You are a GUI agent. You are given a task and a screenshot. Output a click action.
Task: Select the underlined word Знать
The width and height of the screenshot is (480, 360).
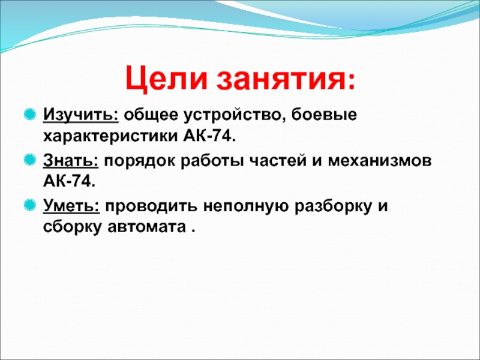click(71, 160)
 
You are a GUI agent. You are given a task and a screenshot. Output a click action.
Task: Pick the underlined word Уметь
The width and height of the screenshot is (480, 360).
click(71, 205)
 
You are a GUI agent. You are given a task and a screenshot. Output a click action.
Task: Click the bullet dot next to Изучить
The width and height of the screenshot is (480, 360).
click(29, 115)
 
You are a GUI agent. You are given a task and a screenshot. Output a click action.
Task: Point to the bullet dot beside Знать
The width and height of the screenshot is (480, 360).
click(29, 160)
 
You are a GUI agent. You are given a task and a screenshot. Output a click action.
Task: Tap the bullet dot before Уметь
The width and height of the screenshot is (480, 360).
click(29, 205)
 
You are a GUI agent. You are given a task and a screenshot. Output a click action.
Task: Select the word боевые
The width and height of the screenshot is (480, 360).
click(324, 115)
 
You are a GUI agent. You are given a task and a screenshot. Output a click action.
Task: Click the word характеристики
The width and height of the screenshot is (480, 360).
click(110, 136)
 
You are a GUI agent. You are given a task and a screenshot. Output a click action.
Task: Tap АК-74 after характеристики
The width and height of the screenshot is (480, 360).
click(209, 136)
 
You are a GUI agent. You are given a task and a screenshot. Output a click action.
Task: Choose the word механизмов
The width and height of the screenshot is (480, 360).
click(380, 161)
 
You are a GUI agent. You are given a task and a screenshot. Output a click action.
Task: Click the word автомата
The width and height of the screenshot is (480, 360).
click(146, 227)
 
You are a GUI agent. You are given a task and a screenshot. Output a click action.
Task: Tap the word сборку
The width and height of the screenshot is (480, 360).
click(72, 227)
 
